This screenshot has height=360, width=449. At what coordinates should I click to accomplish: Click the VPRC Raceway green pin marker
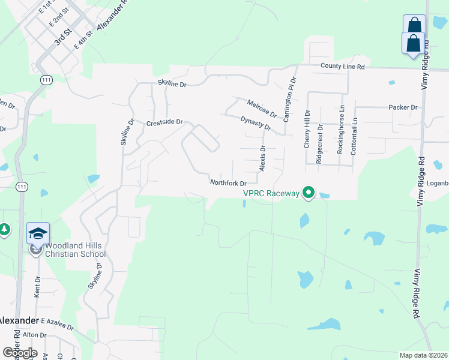point(309,193)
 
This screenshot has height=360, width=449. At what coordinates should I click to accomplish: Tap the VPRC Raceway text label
point(271,193)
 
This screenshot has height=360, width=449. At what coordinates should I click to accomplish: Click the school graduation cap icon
point(38,233)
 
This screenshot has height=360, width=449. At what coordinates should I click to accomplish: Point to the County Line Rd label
point(343,67)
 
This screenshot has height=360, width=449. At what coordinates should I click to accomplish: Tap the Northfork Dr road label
point(228,182)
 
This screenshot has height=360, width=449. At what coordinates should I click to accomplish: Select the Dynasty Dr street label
point(256,124)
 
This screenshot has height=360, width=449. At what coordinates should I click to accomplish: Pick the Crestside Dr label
point(164,122)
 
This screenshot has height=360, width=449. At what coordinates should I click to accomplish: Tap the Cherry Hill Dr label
point(306,129)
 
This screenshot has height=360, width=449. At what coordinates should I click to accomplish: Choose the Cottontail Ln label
point(354,136)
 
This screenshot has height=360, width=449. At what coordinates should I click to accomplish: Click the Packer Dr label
point(403,107)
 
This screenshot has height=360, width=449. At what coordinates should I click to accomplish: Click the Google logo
point(20,352)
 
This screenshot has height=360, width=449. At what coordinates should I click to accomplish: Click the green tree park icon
point(4,229)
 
